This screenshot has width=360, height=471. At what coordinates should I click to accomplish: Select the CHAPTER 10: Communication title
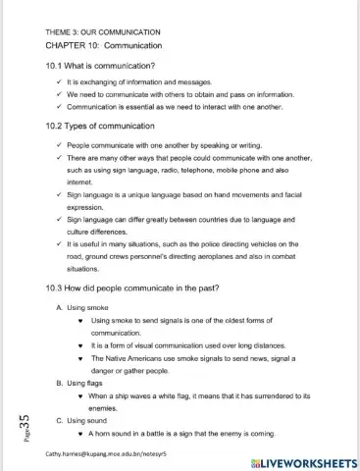(x=103, y=45)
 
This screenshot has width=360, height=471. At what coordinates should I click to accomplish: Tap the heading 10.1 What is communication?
(x=101, y=66)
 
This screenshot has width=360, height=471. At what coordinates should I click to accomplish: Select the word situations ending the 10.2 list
(x=85, y=268)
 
